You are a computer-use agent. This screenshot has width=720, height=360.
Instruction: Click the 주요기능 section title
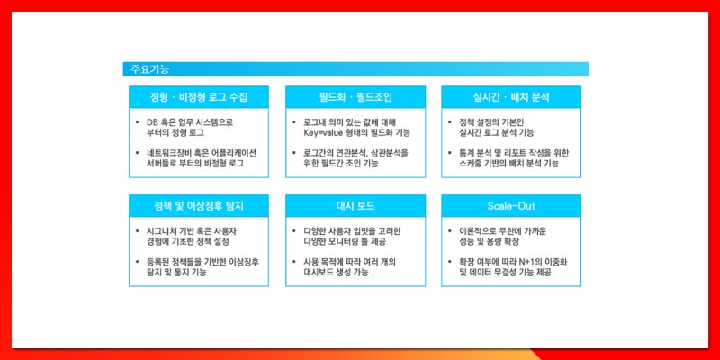149,69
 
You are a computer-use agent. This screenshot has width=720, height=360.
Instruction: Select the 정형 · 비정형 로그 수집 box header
199,96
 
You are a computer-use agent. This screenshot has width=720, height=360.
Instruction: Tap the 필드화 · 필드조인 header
355,96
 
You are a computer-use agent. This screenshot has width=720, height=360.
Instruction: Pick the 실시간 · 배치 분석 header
510,96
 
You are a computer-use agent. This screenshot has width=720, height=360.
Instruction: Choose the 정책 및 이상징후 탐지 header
199,205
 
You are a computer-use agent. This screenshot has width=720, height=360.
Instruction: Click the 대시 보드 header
355,205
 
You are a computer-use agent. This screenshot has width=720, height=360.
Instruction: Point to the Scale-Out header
510,205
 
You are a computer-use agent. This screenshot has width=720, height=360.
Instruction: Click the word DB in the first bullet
152,121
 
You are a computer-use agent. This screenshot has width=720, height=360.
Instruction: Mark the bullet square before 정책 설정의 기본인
449,121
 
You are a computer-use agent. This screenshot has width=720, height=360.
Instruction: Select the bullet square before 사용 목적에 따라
293,262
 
